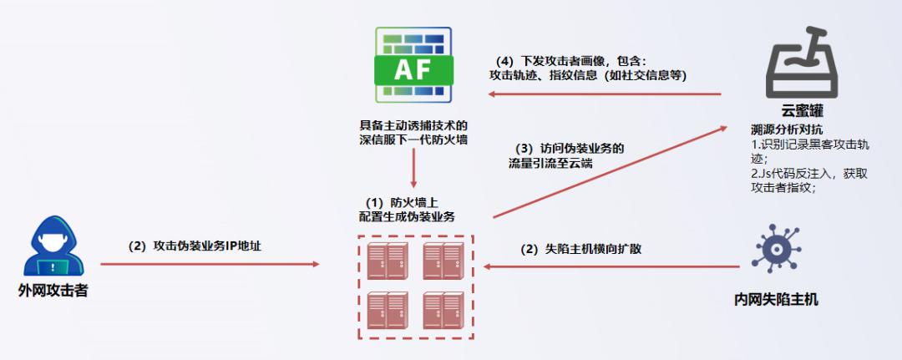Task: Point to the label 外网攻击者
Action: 53,291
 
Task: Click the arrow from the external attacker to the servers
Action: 209,264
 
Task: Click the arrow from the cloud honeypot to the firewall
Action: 606,94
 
